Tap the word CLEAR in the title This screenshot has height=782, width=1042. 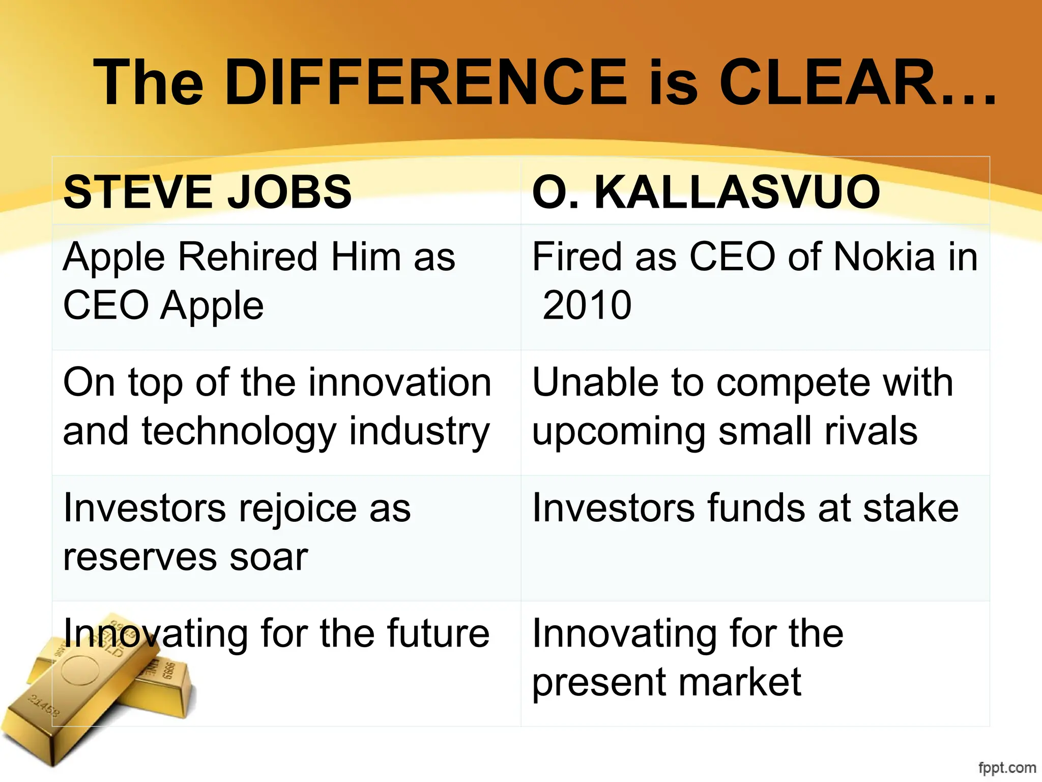coord(834,82)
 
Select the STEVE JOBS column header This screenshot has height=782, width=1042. coord(208,192)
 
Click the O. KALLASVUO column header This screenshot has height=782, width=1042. coord(706,192)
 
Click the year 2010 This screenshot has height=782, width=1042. coord(587,305)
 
